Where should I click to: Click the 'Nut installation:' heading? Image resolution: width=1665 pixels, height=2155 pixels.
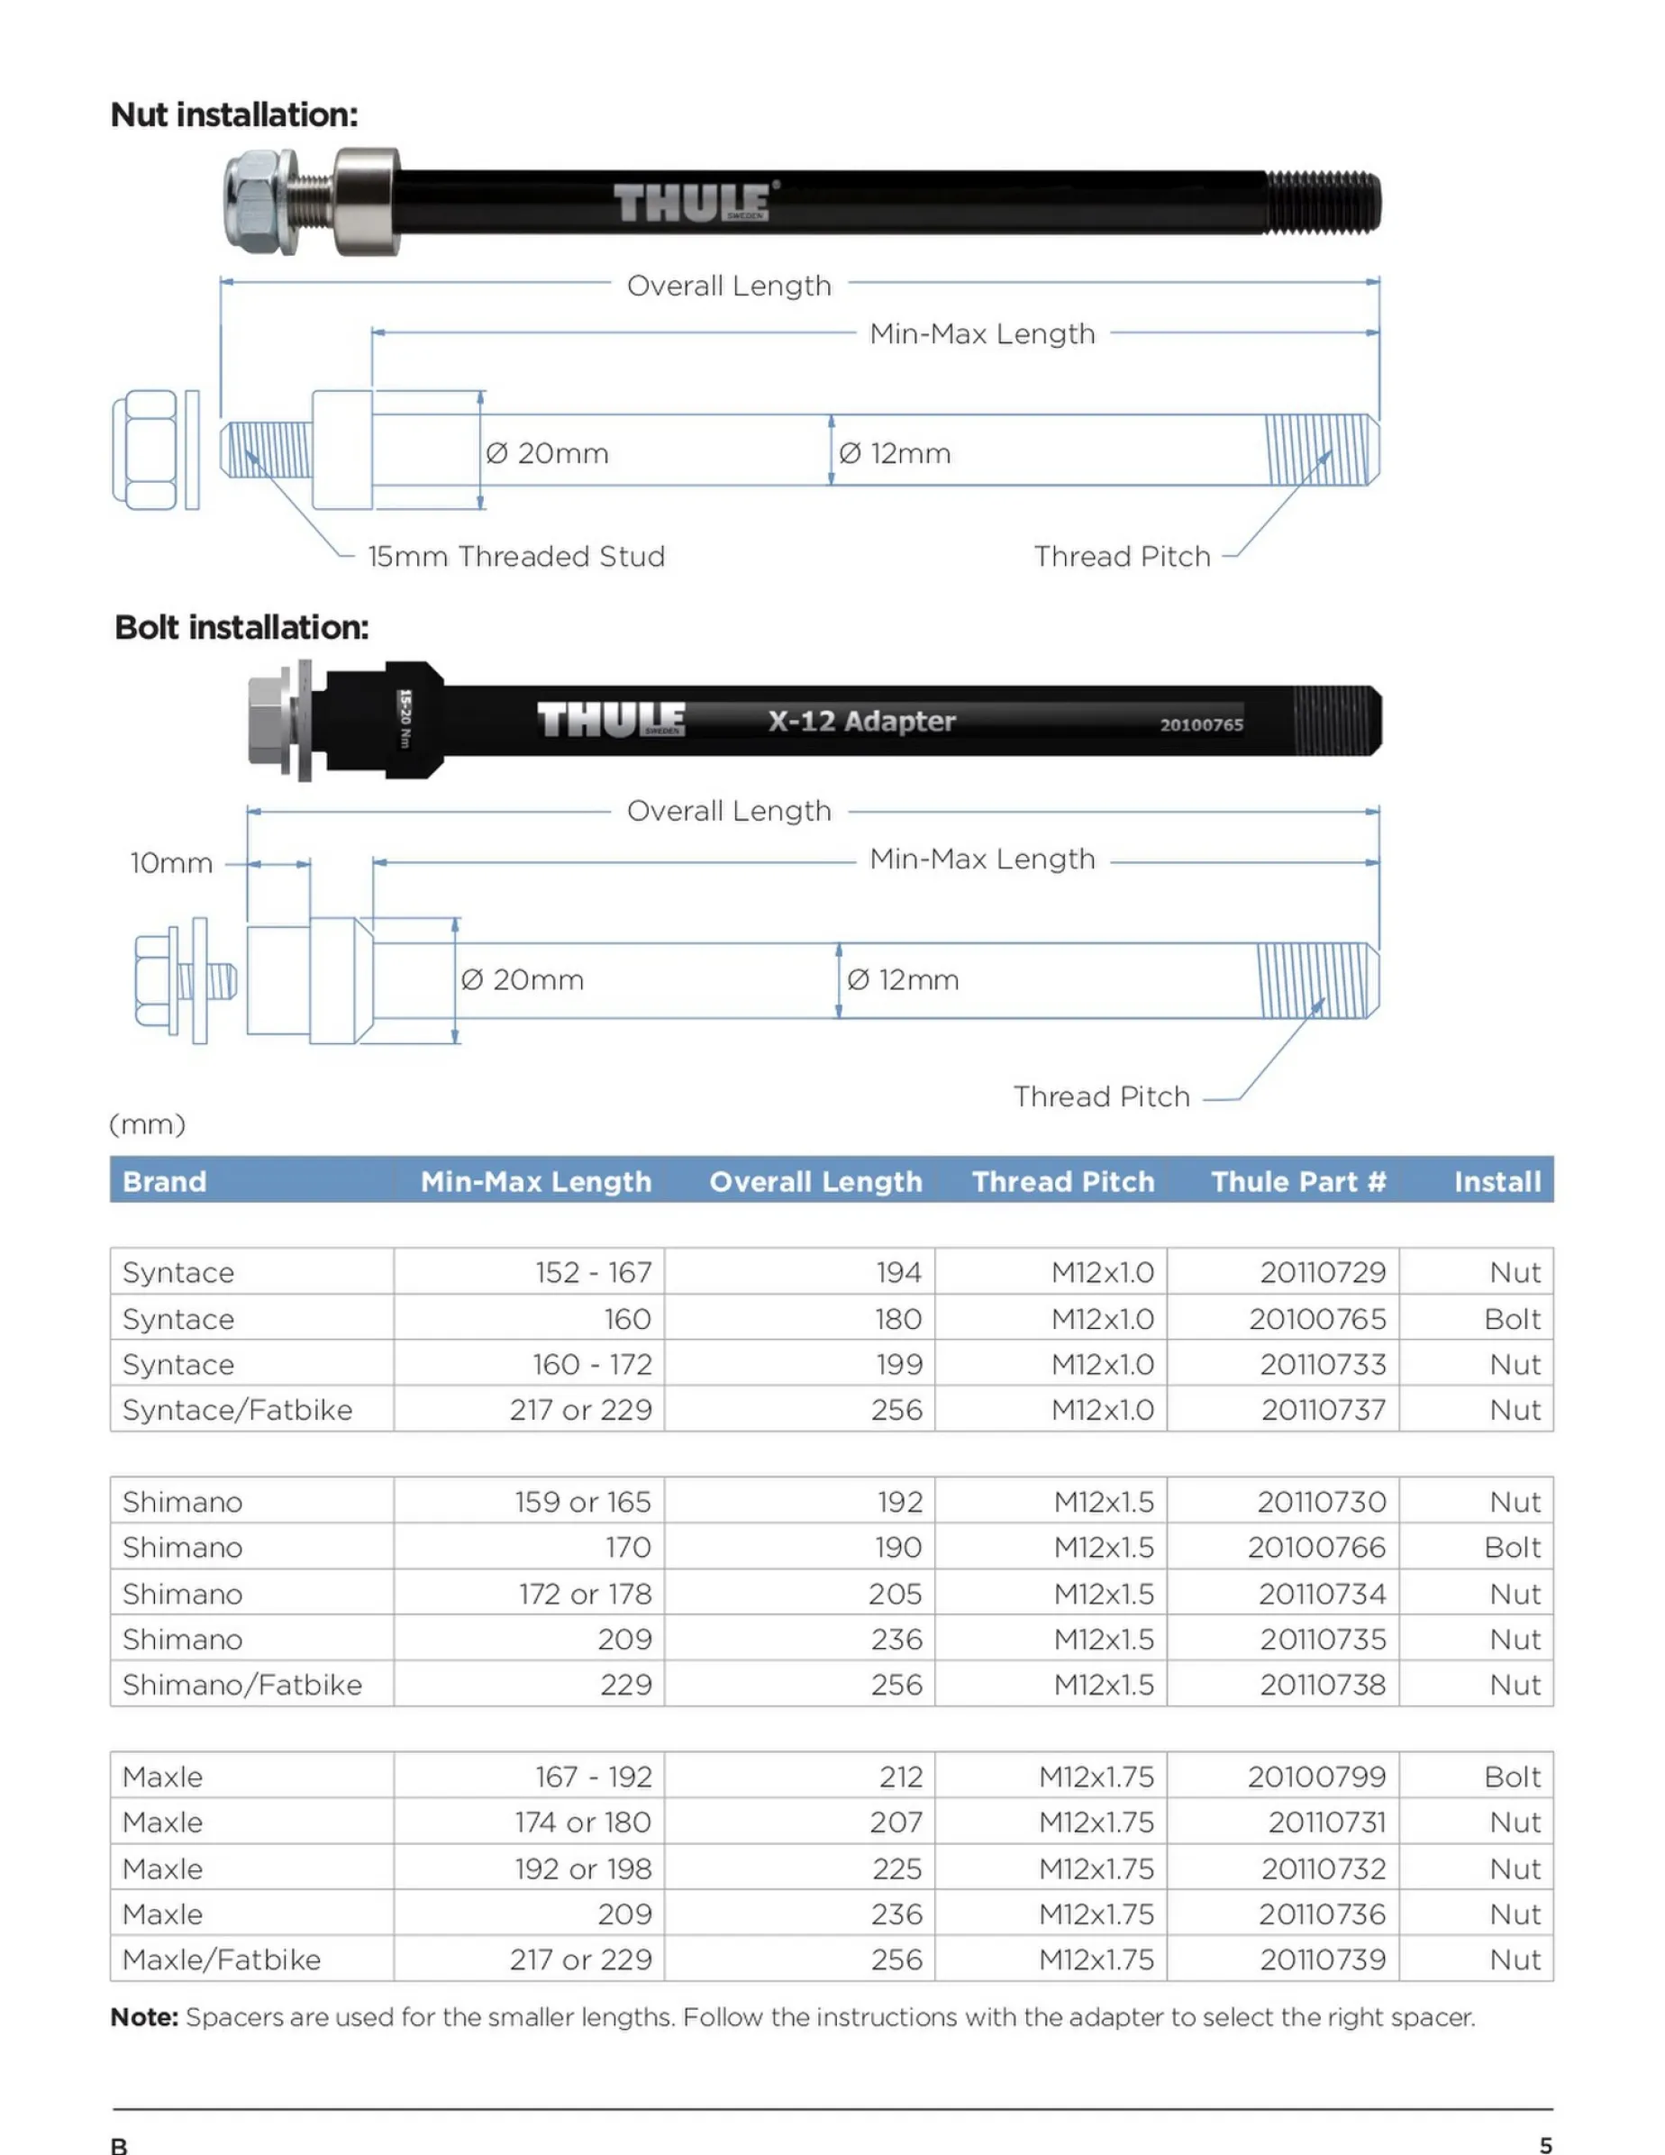pyautogui.click(x=234, y=115)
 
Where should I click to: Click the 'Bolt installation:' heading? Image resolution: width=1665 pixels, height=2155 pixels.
pyautogui.click(x=241, y=628)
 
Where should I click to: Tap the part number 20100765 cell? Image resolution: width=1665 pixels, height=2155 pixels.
pyautogui.click(x=1316, y=1318)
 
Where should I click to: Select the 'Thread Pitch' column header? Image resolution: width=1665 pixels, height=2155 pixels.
pyautogui.click(x=1062, y=1181)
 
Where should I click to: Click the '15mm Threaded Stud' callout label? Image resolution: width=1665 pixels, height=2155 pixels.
pyautogui.click(x=516, y=557)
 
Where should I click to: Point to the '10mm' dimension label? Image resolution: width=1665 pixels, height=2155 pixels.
pyautogui.click(x=171, y=863)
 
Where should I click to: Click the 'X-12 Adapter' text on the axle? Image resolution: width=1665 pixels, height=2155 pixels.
pyautogui.click(x=861, y=722)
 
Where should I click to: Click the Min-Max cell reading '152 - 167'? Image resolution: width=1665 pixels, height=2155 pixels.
pyautogui.click(x=593, y=1273)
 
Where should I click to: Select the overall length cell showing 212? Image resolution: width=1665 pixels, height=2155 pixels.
pyautogui.click(x=900, y=1778)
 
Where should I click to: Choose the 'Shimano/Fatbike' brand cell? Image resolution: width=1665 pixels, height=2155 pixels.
pyautogui.click(x=241, y=1685)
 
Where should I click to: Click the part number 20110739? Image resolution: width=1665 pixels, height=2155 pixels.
pyautogui.click(x=1323, y=1960)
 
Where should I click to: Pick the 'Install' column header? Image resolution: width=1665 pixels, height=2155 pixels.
pyautogui.click(x=1497, y=1181)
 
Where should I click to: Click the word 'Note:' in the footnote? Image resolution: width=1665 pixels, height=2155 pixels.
pyautogui.click(x=144, y=2017)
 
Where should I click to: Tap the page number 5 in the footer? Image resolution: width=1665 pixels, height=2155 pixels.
pyautogui.click(x=1545, y=2144)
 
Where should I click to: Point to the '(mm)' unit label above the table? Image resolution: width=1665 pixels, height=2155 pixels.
pyautogui.click(x=147, y=1123)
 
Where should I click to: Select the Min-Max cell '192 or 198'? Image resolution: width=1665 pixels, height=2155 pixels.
pyautogui.click(x=582, y=1869)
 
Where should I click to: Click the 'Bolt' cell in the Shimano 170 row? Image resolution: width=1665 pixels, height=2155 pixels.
pyautogui.click(x=1511, y=1547)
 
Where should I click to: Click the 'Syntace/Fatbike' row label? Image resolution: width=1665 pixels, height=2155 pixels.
pyautogui.click(x=237, y=1410)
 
